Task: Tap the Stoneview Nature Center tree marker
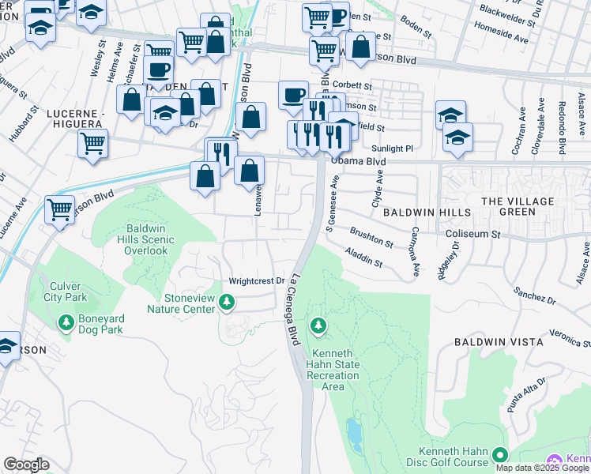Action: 227,301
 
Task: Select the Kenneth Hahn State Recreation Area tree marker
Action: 318,325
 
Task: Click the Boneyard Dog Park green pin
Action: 65,322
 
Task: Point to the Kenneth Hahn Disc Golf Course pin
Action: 499,454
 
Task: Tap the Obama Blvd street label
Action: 358,161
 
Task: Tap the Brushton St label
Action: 371,239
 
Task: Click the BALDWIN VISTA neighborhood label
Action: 498,342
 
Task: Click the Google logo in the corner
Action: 26,465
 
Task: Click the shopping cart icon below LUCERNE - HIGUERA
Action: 93,144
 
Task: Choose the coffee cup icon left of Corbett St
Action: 293,95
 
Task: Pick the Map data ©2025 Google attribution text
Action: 542,468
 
